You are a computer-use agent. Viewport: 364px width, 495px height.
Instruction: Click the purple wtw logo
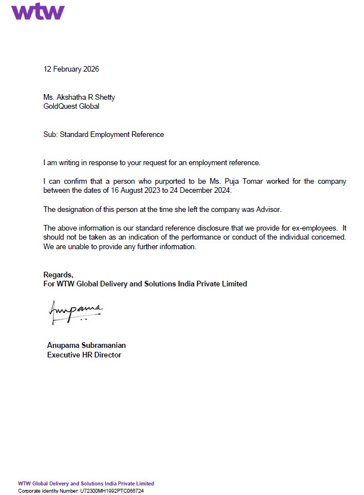(38, 11)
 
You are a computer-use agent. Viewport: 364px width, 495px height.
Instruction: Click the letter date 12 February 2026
(71, 69)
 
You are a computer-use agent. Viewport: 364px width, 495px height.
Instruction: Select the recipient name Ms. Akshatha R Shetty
(79, 97)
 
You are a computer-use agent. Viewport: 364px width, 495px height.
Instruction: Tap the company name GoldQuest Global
(71, 106)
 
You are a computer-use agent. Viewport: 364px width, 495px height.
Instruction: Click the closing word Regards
(58, 275)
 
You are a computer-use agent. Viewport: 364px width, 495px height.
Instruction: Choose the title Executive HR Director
(84, 355)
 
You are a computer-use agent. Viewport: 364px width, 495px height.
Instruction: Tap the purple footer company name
(86, 484)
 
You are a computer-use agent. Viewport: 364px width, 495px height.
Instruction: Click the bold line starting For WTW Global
(145, 284)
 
